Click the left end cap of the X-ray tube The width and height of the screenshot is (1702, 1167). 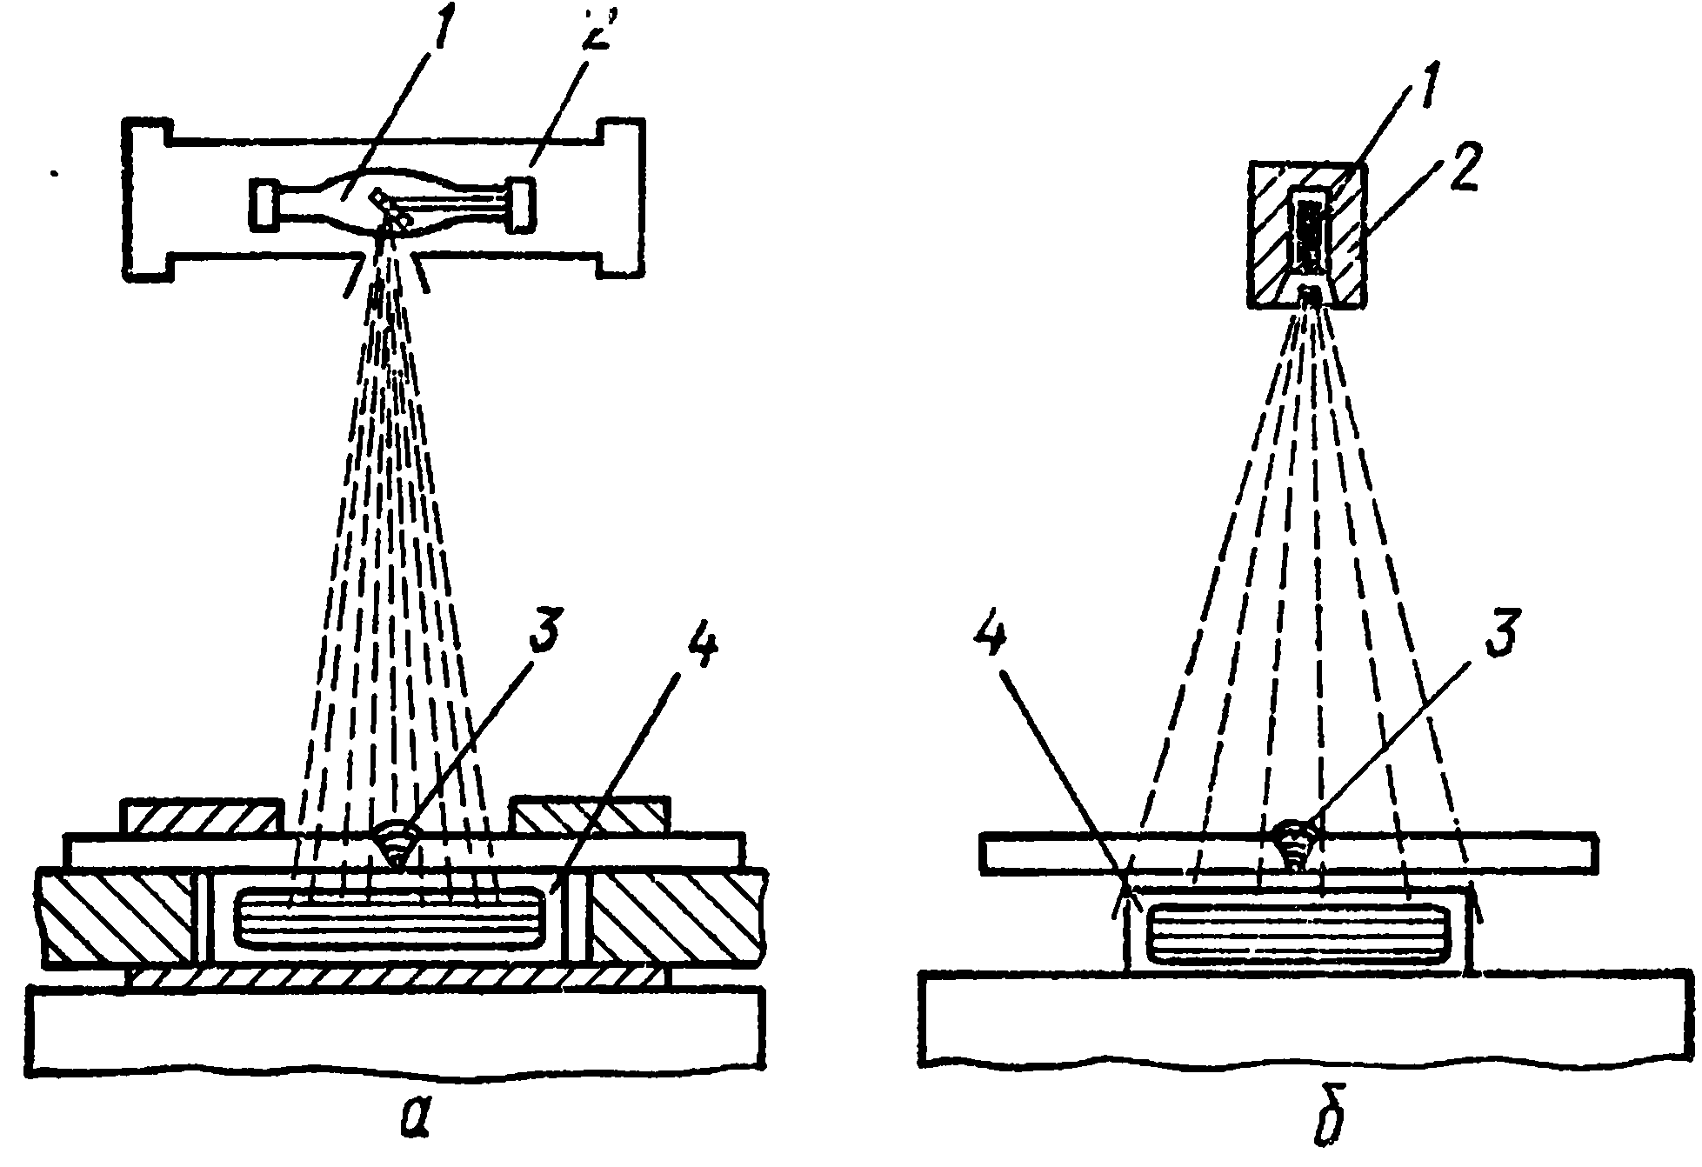pos(264,205)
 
